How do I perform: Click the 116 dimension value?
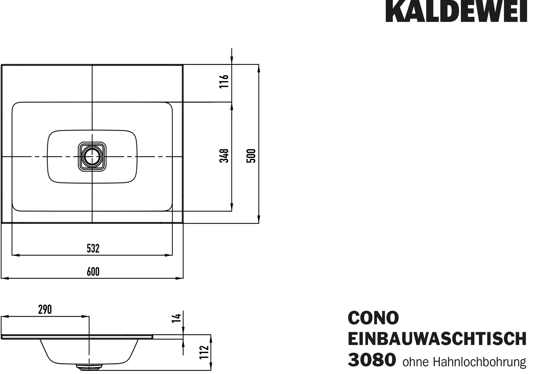(x=224, y=81)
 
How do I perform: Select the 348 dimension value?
(x=224, y=156)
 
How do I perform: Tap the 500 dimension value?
(x=251, y=156)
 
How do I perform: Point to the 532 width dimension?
(x=93, y=248)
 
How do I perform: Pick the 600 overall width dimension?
(x=93, y=272)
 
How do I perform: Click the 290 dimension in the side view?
(x=45, y=310)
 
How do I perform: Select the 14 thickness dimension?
(x=177, y=318)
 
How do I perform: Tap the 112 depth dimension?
(x=204, y=352)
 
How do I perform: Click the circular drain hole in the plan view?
(x=92, y=156)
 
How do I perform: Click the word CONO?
(x=373, y=318)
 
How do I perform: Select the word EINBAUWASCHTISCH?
(x=437, y=339)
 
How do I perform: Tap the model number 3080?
(x=372, y=360)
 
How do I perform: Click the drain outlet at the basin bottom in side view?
(x=89, y=367)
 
